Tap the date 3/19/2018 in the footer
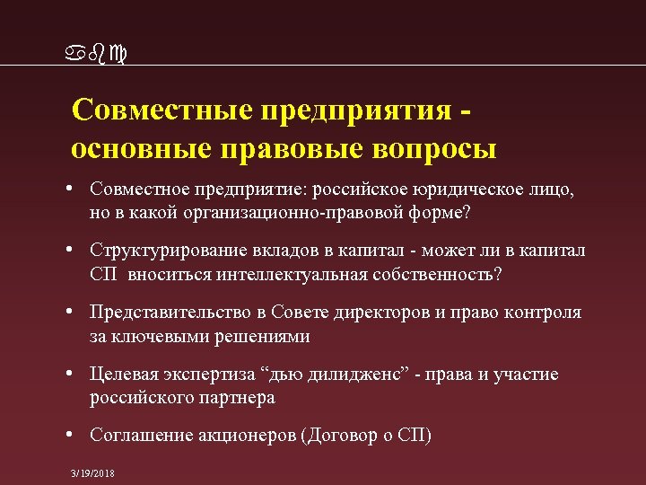point(92,473)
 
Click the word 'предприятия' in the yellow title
point(355,112)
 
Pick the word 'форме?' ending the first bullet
point(442,214)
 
